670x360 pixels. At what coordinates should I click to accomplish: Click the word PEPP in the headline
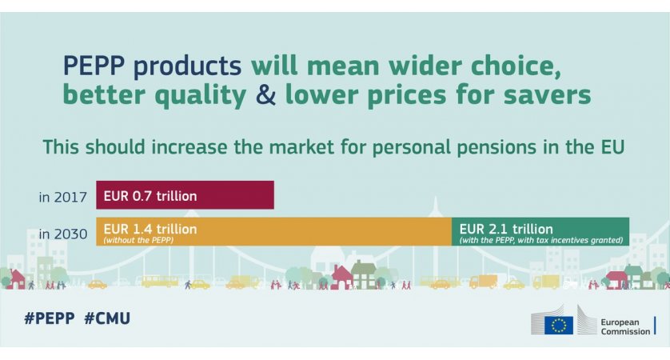[x=94, y=66]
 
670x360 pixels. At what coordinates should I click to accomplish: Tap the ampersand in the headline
[x=265, y=94]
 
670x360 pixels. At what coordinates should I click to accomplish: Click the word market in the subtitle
[x=301, y=146]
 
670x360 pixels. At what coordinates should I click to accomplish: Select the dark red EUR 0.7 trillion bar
[x=185, y=195]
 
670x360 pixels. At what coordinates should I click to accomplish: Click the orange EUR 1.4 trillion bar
[x=274, y=231]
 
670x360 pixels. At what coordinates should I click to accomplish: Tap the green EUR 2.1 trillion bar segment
[x=540, y=231]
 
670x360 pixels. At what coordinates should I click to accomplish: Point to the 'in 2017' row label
[x=63, y=198]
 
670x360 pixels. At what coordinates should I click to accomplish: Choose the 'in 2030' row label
[x=63, y=234]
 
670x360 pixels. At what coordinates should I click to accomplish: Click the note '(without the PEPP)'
[x=138, y=240]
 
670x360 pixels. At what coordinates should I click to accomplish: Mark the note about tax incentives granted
[x=541, y=240]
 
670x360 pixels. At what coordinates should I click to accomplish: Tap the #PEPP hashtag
[x=49, y=318]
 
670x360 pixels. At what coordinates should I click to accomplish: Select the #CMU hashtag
[x=107, y=318]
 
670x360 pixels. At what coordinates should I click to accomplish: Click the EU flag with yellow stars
[x=559, y=326]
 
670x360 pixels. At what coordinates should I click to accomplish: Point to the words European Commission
[x=625, y=326]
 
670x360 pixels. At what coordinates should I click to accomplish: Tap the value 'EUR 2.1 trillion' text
[x=506, y=229]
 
